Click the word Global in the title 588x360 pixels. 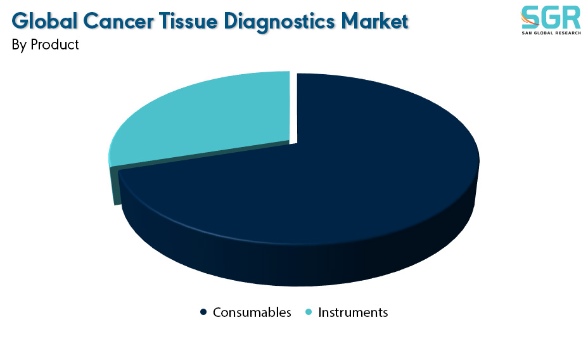[44, 21]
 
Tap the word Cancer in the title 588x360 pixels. [118, 21]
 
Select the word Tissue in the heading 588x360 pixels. [188, 21]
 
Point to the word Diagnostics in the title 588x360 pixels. [279, 22]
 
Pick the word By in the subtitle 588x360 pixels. [19, 45]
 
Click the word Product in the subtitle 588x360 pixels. [54, 44]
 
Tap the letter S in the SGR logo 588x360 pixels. [530, 17]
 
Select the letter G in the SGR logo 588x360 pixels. [551, 17]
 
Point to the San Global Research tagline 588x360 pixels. [551, 33]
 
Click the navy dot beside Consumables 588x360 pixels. [203, 312]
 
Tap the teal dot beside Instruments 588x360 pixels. [309, 312]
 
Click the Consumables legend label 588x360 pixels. [252, 312]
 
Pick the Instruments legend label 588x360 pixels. [353, 312]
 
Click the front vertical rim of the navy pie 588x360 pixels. [300, 266]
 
